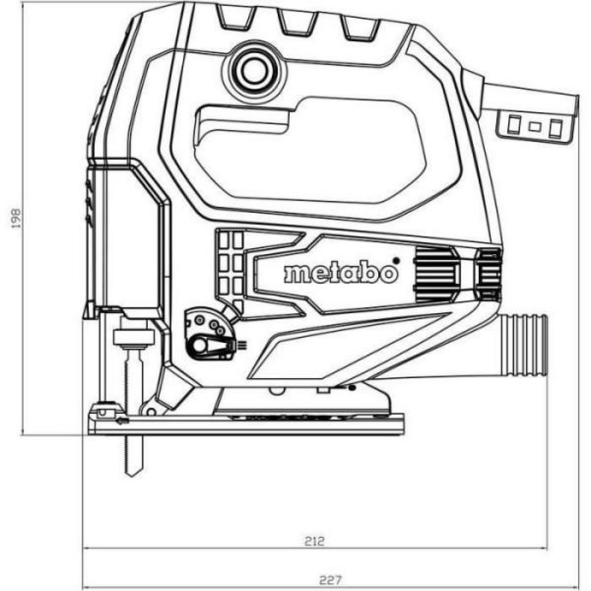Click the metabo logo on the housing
[x=340, y=272]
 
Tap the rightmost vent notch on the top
[x=361, y=28]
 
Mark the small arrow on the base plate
[x=122, y=420]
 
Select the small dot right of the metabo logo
[x=394, y=260]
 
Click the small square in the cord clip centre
[x=533, y=126]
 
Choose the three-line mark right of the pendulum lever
[x=242, y=345]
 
